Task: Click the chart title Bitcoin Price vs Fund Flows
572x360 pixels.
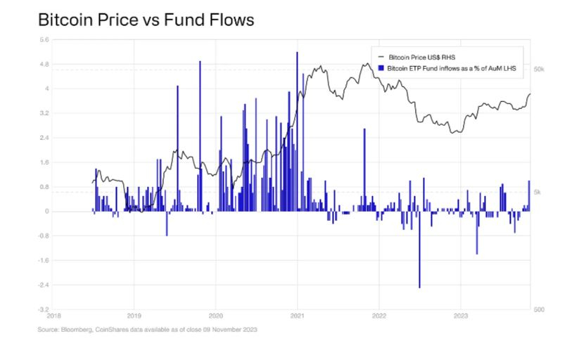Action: [146, 20]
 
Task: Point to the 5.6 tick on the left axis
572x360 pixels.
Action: [44, 40]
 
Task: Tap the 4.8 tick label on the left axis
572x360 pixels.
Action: [44, 65]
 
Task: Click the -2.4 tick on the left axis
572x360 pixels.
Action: [44, 285]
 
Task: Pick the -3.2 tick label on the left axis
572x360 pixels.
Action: [44, 309]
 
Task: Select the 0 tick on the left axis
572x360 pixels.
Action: [47, 212]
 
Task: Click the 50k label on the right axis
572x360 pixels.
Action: [540, 70]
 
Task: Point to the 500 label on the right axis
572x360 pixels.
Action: [540, 309]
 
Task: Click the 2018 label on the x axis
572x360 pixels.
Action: [54, 316]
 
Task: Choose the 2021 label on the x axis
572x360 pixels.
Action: [298, 316]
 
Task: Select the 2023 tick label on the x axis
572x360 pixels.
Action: [460, 316]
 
